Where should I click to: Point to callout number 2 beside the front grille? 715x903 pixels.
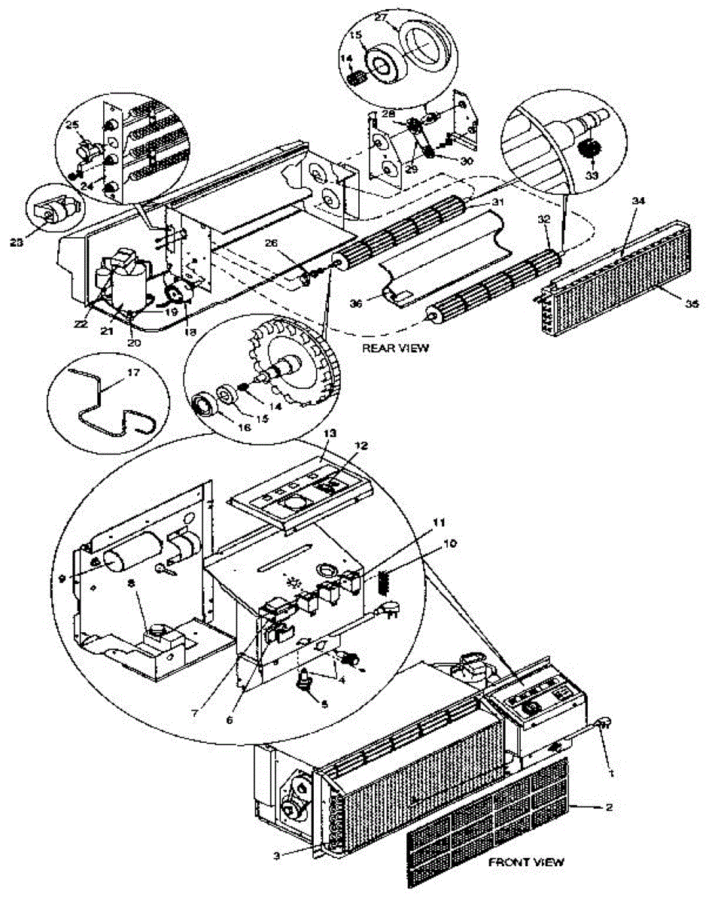tap(609, 807)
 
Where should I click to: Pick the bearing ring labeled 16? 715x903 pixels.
tap(204, 406)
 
